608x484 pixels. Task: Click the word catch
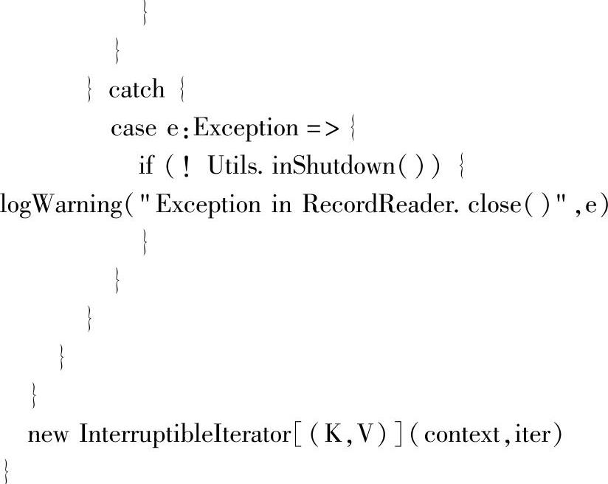coord(137,90)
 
